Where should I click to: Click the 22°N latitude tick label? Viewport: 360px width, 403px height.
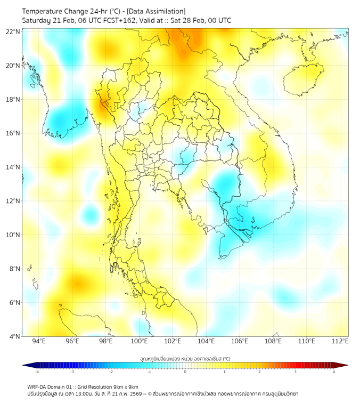[x=13, y=31]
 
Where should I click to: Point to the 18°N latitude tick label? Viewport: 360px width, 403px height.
[x=13, y=99]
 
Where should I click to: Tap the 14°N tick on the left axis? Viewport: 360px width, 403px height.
[x=13, y=167]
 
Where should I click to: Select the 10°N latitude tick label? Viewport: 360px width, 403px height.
[x=13, y=235]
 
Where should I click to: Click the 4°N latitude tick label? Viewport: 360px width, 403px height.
[x=15, y=336]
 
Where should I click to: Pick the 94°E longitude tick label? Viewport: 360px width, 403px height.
[x=39, y=341]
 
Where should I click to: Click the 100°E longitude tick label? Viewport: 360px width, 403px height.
[x=139, y=341]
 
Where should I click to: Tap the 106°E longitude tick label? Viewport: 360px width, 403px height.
[x=240, y=341]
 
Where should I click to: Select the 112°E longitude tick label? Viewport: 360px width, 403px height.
[x=340, y=341]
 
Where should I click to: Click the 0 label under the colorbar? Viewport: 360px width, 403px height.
[x=185, y=372]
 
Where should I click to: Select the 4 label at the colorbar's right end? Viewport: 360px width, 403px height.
[x=334, y=372]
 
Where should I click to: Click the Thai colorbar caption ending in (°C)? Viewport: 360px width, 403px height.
[x=185, y=358]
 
